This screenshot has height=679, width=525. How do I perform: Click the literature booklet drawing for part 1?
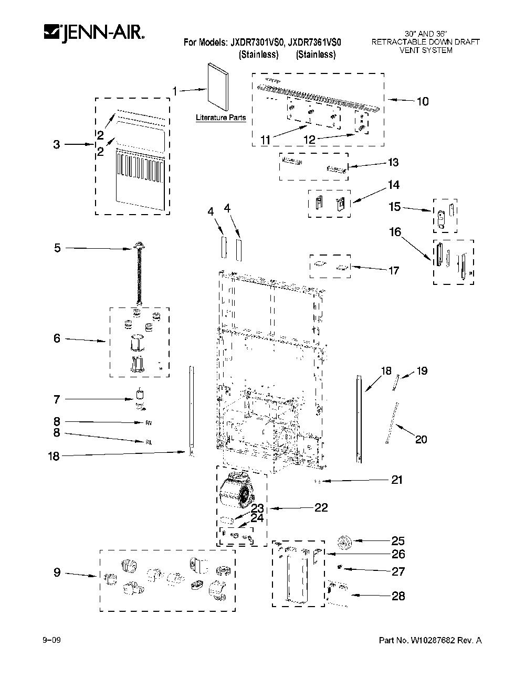(x=218, y=87)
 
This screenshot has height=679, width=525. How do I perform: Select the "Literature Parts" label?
(x=220, y=118)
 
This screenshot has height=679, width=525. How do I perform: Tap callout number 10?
(x=423, y=102)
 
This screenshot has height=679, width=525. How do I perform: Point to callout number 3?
(x=57, y=144)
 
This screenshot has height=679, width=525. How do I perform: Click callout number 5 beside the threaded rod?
(x=57, y=248)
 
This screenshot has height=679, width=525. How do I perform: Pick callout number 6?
(x=57, y=338)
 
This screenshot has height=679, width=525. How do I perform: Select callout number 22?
(x=321, y=507)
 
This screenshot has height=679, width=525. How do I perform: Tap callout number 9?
(x=57, y=572)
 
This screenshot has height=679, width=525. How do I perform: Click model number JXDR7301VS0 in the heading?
(x=257, y=43)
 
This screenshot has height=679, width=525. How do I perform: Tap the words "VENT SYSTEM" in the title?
(x=426, y=50)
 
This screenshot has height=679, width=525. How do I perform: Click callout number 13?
(x=393, y=162)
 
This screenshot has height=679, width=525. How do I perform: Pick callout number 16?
(x=395, y=232)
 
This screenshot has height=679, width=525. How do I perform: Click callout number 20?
(x=421, y=439)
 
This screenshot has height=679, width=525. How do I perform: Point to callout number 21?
(x=397, y=480)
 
